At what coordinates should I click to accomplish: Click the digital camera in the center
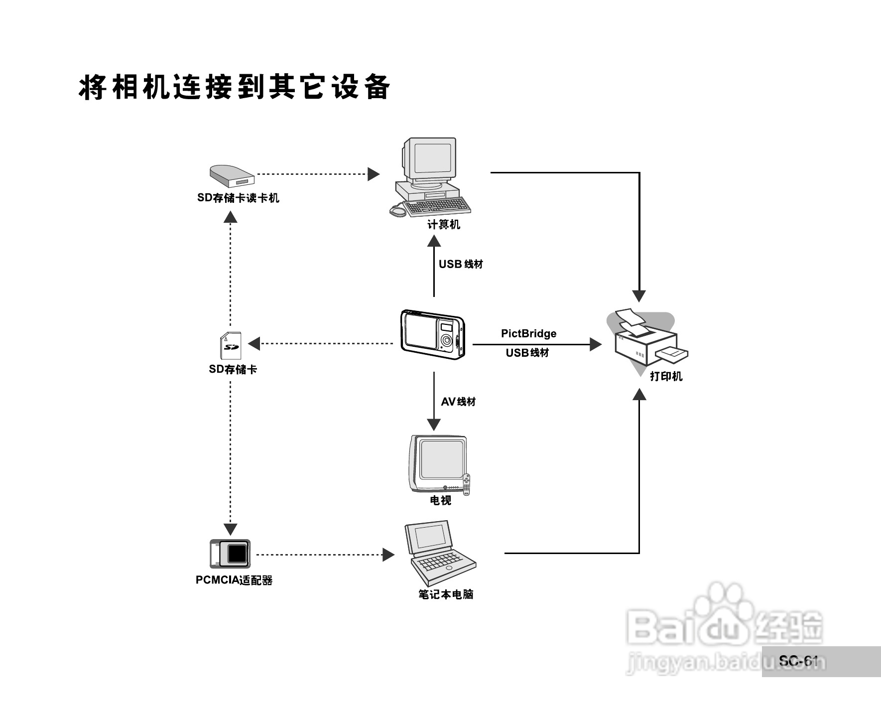click(432, 334)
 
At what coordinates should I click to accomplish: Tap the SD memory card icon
click(231, 345)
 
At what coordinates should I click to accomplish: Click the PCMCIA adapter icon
click(230, 554)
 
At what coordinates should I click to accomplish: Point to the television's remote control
click(466, 484)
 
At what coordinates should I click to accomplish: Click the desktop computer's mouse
click(397, 211)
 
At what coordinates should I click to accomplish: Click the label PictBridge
click(528, 333)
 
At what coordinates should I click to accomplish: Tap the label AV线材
click(458, 402)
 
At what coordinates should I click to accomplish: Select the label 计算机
click(443, 225)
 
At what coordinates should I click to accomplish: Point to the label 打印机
click(666, 376)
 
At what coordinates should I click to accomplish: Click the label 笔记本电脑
click(446, 594)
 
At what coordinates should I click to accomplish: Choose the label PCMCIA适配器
click(234, 580)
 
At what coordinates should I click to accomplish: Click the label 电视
click(440, 500)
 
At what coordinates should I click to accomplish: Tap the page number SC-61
click(798, 661)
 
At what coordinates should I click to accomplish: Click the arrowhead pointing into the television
click(434, 425)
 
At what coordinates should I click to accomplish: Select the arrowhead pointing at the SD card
click(254, 343)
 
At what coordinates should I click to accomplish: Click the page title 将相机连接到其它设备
click(234, 88)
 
